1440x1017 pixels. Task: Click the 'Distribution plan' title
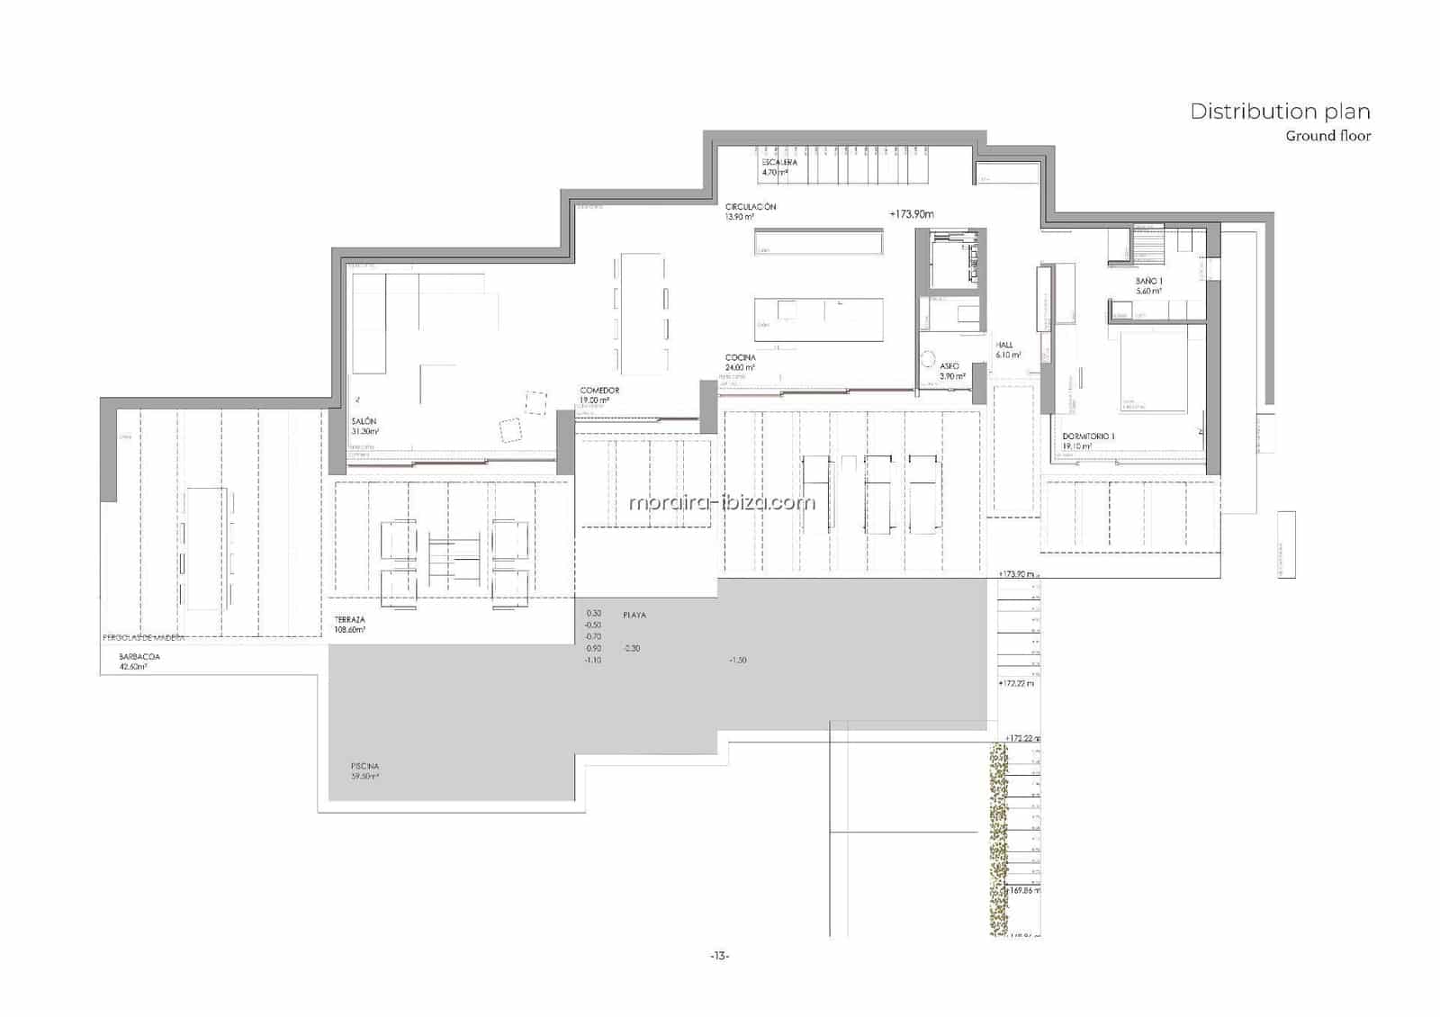coord(1280,112)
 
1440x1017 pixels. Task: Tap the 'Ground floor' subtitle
coord(1327,137)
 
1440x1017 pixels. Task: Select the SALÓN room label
coord(364,422)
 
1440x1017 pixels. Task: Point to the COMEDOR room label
coord(599,391)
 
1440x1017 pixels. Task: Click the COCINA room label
coord(741,358)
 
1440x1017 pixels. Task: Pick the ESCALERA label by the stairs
coord(778,163)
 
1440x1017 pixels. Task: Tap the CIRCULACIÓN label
coord(751,207)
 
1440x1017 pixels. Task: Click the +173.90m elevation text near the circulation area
coord(912,214)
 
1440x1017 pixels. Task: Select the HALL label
coord(1004,346)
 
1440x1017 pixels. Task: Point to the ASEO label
coord(949,366)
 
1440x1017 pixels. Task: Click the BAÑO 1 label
coord(1148,282)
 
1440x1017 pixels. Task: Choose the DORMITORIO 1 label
coord(1088,436)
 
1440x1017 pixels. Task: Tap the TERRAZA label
coord(349,620)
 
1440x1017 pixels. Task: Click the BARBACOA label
coord(139,657)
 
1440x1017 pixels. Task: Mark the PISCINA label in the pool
coord(365,767)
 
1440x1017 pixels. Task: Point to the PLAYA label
coord(634,616)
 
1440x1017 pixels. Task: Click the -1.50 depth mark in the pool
coord(738,661)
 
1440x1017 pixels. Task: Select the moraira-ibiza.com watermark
coord(722,502)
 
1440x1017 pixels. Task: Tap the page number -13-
coord(719,956)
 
